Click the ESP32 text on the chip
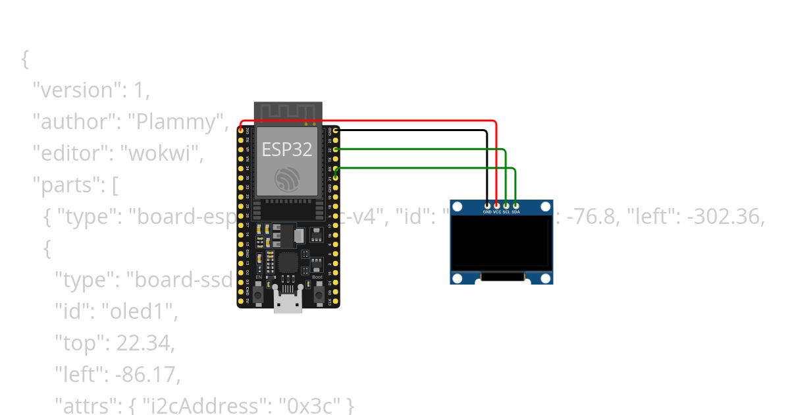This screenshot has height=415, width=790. [287, 150]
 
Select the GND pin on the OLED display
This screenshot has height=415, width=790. [487, 206]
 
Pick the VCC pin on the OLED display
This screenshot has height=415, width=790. [496, 206]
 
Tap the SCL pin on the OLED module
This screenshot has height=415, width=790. [506, 206]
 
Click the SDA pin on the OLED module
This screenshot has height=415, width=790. [515, 206]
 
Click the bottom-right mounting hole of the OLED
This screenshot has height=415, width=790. [545, 278]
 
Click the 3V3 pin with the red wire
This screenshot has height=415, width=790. [241, 131]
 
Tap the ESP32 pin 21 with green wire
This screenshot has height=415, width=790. [336, 177]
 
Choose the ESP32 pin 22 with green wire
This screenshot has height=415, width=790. [336, 150]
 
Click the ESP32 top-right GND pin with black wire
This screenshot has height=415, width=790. [336, 131]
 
